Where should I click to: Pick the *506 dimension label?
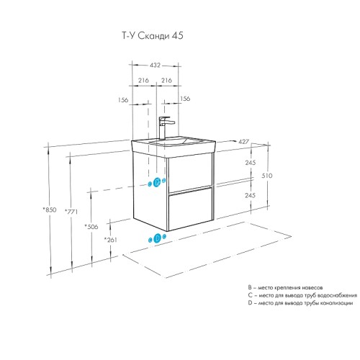pos(91,227)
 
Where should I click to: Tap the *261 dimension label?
pos(110,240)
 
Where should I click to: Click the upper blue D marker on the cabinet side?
pos(156,181)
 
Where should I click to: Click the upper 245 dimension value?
pos(250,163)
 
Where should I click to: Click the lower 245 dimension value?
pos(250,195)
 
